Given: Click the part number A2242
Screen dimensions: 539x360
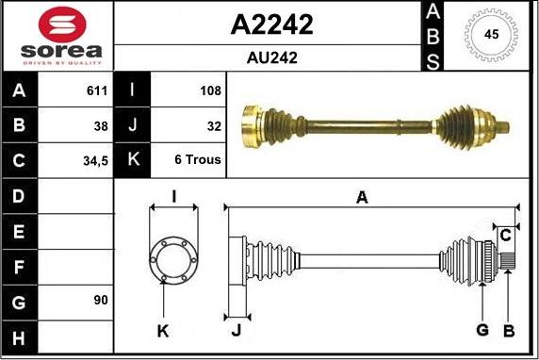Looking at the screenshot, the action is [271, 25].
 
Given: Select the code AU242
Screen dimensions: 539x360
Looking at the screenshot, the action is [271, 57].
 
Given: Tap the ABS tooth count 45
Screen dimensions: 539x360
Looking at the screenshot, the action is [491, 35].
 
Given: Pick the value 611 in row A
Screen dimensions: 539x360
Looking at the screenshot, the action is [98, 91].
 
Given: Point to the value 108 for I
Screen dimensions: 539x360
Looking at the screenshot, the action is [210, 91].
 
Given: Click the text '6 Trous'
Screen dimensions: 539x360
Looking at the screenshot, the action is [198, 160].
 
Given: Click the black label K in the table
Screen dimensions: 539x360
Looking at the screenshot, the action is [133, 160].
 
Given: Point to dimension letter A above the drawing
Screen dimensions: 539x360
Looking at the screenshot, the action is [361, 197].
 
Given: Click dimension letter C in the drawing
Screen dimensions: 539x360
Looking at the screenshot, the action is [506, 234].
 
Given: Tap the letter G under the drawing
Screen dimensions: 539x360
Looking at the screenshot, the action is [482, 330].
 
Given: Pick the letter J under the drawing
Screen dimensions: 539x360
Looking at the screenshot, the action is [235, 330].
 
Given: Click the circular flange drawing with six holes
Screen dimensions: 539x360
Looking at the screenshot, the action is [172, 255].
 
